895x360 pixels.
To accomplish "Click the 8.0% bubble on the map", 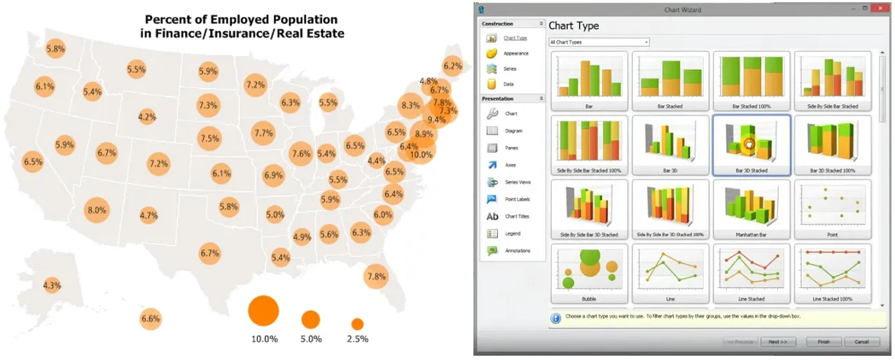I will pyautogui.click(x=97, y=210).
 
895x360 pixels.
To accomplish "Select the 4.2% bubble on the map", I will pyautogui.click(x=147, y=117).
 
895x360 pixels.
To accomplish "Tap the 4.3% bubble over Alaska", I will pyautogui.click(x=52, y=286).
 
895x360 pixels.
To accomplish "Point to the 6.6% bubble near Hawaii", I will pyautogui.click(x=151, y=319).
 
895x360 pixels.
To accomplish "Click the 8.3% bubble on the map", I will pyautogui.click(x=410, y=106).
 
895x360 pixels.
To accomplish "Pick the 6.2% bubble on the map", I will pyautogui.click(x=452, y=67).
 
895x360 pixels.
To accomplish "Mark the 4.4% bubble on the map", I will pyautogui.click(x=377, y=161).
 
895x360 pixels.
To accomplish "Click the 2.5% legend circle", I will pyautogui.click(x=357, y=324).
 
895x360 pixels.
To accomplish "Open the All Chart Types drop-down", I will pyautogui.click(x=598, y=42).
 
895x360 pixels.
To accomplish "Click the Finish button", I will pyautogui.click(x=824, y=342).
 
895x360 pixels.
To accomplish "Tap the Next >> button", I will pyautogui.click(x=778, y=342).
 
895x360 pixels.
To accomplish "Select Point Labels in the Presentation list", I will pyautogui.click(x=517, y=199).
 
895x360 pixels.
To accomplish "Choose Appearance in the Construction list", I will pyautogui.click(x=516, y=53).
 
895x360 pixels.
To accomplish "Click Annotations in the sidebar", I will pyautogui.click(x=518, y=250).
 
